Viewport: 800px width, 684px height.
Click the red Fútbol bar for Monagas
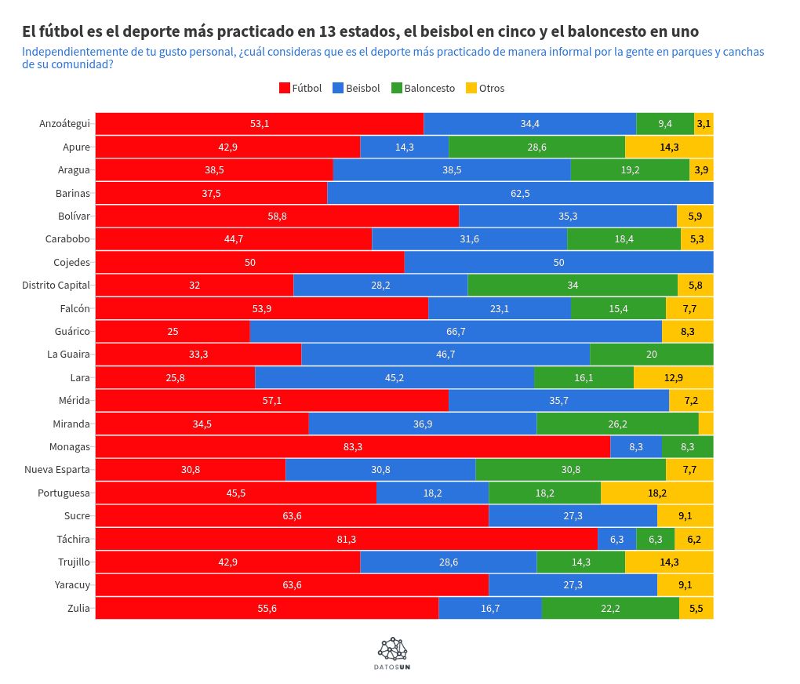353,446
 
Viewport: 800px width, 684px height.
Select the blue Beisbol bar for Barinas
520,193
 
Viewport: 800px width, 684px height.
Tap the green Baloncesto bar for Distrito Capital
573,286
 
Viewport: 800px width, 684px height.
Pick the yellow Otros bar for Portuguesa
656,493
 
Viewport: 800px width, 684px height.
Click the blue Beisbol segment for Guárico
456,332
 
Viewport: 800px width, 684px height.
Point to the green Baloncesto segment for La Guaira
651,355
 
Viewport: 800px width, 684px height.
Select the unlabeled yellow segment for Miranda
706,424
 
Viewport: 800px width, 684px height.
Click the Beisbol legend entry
356,88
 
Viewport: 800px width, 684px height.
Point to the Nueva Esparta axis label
56,470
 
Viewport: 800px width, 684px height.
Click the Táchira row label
73,539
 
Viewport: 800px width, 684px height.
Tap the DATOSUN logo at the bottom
393,653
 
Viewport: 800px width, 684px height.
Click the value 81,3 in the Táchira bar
346,539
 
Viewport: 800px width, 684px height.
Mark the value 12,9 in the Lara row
673,378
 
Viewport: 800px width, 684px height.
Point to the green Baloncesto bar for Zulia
610,608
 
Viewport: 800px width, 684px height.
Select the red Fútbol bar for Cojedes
249,263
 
